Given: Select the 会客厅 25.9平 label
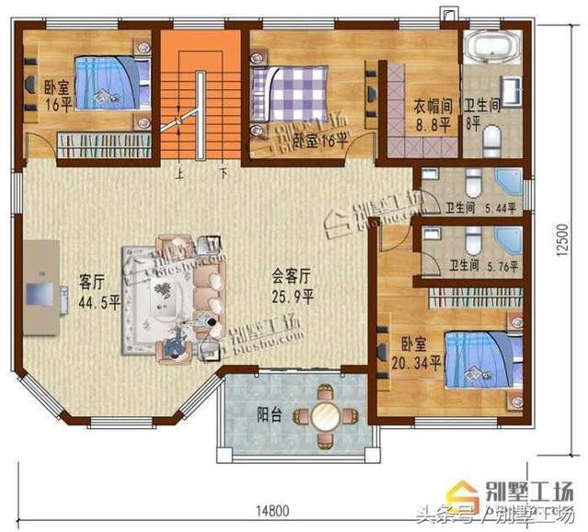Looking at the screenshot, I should point(293,285).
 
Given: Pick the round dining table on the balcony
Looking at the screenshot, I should point(324,416).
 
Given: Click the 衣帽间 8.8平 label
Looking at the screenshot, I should point(430,115).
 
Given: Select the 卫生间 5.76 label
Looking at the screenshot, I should point(483,267).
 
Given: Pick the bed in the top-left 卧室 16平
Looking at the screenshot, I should point(107,82).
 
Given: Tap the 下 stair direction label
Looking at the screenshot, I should point(223,171).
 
